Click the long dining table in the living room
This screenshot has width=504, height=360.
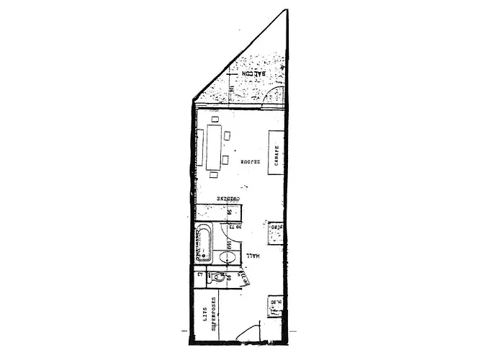tap(214, 148)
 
